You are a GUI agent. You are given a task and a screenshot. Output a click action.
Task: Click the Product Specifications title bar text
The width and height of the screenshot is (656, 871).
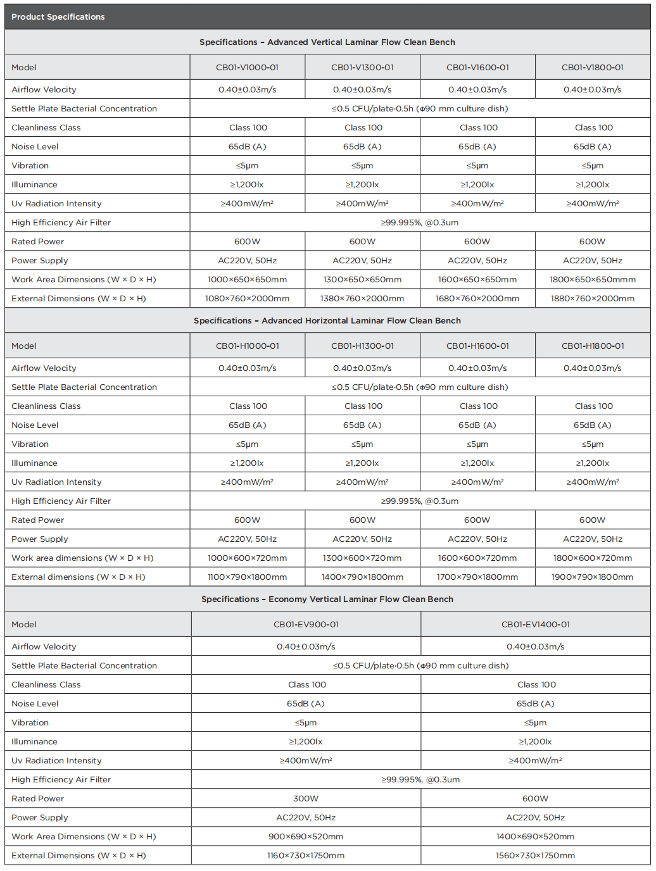pos(58,17)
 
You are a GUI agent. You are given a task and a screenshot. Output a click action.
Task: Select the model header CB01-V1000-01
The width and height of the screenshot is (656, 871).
pos(247,68)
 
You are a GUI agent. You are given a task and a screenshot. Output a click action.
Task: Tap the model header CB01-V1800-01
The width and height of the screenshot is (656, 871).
pos(593,68)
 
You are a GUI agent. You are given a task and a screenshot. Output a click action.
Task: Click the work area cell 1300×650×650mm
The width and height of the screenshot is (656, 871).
pos(362,280)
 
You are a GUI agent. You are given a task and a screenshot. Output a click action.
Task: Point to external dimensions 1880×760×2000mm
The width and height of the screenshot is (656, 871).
pos(593,299)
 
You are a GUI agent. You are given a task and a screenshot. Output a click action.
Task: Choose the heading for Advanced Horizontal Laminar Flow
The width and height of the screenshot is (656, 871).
pos(327,321)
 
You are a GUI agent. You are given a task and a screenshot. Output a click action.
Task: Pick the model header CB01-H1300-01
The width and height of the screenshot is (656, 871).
pos(362,346)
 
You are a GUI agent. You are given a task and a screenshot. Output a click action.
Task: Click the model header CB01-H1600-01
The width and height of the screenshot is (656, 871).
pos(477,346)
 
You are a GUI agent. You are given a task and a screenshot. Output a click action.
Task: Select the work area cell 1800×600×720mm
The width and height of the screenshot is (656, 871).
pos(593,558)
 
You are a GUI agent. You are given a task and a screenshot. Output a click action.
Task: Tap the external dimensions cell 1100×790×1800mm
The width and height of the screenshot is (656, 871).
pos(247,577)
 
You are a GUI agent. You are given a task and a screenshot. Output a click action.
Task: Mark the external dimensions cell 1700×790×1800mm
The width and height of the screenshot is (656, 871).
pos(477,577)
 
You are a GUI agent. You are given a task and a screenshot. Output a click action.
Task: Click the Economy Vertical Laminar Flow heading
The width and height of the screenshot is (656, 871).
pos(327,599)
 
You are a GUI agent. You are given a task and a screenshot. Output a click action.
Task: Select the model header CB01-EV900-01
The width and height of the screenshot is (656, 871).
pos(306,625)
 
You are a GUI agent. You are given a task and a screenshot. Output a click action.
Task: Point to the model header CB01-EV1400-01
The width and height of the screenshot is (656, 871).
pos(536,625)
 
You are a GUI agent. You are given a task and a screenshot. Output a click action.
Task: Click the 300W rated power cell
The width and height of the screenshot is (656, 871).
pos(306,799)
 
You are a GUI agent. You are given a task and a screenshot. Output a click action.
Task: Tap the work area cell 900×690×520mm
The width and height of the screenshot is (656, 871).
pos(306,837)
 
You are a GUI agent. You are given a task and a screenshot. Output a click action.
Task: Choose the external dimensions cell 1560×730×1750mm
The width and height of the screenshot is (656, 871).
pos(536,856)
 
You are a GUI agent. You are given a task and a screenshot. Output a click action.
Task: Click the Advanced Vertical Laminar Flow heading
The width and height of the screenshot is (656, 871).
pos(327,42)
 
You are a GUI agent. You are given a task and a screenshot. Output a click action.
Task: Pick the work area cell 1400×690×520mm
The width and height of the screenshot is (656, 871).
pos(536,837)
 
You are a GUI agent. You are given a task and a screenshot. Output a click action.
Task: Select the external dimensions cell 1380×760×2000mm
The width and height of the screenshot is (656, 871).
pos(362,299)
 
